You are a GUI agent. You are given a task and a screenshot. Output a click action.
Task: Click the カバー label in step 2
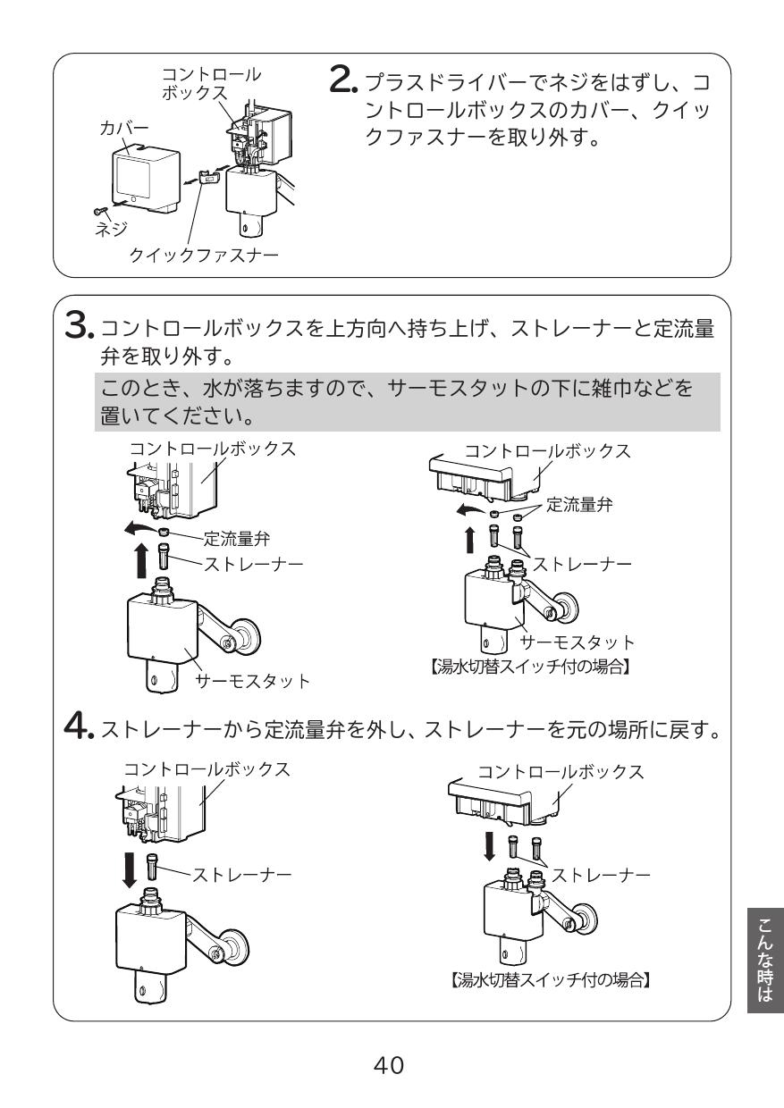coord(122,130)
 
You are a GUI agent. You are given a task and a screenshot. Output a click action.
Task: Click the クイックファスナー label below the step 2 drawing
coord(205,256)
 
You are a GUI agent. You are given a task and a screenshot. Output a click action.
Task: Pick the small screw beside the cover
coord(99,210)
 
